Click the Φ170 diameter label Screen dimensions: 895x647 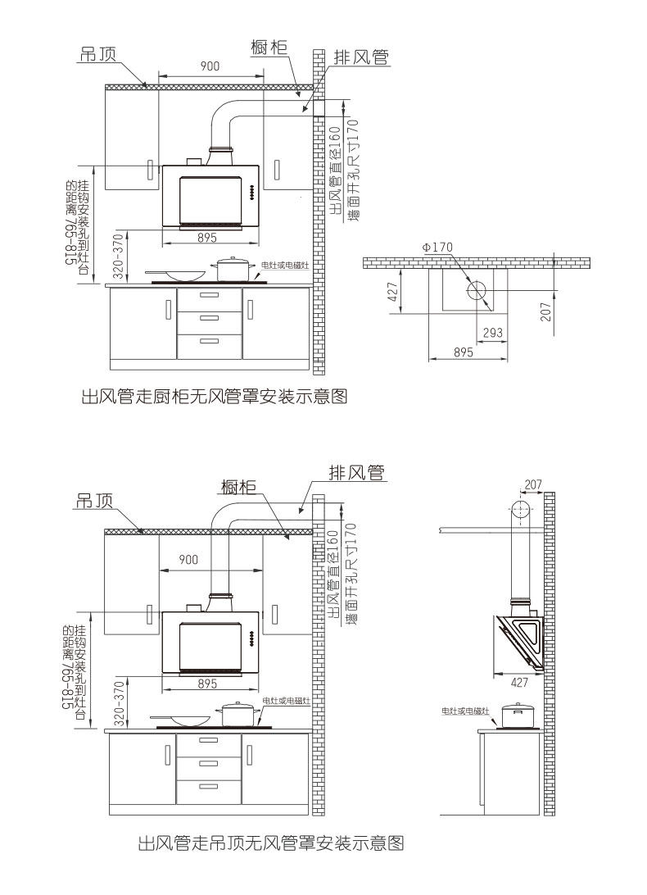[437, 247]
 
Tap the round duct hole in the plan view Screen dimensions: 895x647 [477, 289]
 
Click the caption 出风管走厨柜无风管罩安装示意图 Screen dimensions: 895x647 [215, 398]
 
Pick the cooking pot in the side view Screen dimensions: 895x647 [517, 715]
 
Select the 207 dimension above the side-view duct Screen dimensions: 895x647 [533, 484]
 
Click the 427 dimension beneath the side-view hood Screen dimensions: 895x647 [518, 681]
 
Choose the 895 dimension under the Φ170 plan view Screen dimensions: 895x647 [464, 352]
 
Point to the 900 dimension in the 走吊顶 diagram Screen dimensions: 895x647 [188, 560]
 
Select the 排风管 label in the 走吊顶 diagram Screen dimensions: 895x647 [356, 473]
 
